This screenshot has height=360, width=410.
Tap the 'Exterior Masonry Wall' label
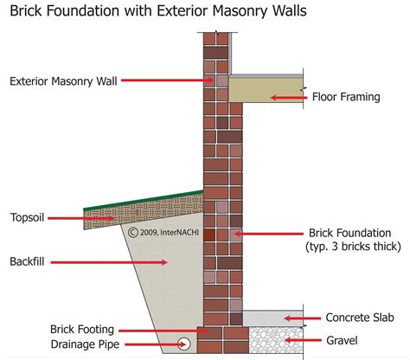click(x=61, y=82)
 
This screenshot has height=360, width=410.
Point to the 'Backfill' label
click(x=31, y=260)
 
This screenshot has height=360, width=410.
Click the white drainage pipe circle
click(x=184, y=344)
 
